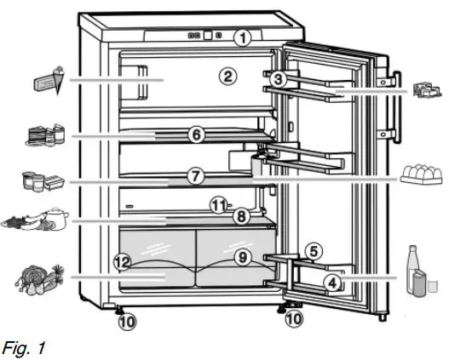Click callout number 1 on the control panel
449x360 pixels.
(244, 37)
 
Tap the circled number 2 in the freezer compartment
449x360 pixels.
(226, 76)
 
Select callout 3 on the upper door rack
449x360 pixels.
(279, 78)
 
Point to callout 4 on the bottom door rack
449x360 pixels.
(332, 281)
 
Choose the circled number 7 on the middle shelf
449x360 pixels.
(195, 176)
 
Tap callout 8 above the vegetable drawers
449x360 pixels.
(242, 217)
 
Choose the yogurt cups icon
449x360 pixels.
(40, 180)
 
